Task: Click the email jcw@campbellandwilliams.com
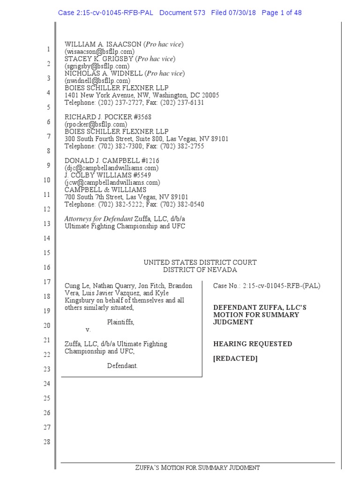click(112, 182)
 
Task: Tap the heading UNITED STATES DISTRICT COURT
click(200, 262)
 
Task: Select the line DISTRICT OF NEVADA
click(200, 270)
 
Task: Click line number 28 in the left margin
click(47, 442)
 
